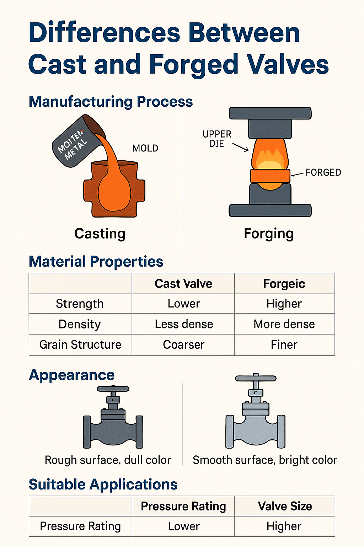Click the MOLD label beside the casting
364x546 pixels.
point(145,148)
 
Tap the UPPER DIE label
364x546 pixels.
point(217,139)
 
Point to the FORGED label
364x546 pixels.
point(323,172)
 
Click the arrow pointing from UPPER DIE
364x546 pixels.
point(240,147)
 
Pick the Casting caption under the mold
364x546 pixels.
point(100,234)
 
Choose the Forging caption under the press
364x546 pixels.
point(269,234)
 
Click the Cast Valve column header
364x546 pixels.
point(183,284)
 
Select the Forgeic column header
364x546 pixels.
point(284,284)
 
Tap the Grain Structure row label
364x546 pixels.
point(80,344)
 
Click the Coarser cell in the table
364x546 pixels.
point(184,344)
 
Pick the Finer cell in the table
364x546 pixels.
point(284,344)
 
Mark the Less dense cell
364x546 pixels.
point(184,324)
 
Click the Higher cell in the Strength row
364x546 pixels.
point(284,304)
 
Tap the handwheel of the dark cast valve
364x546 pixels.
point(113,389)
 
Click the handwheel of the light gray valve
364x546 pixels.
point(256,379)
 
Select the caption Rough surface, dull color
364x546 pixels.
point(108,460)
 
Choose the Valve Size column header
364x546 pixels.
point(285,506)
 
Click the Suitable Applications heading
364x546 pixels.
point(103,485)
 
